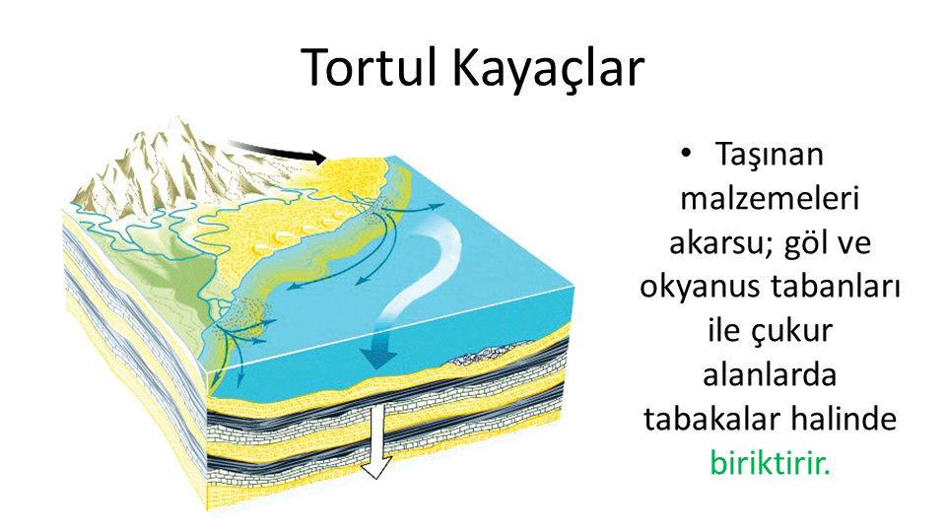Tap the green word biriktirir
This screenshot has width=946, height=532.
click(770, 463)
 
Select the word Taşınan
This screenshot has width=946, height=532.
click(770, 156)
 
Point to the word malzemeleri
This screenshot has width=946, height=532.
click(770, 198)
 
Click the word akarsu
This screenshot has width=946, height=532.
click(717, 243)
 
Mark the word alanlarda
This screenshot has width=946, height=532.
click(770, 375)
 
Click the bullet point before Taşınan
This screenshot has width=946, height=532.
click(686, 154)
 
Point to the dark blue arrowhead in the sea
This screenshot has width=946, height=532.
click(378, 357)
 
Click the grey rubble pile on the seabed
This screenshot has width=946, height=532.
click(489, 354)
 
